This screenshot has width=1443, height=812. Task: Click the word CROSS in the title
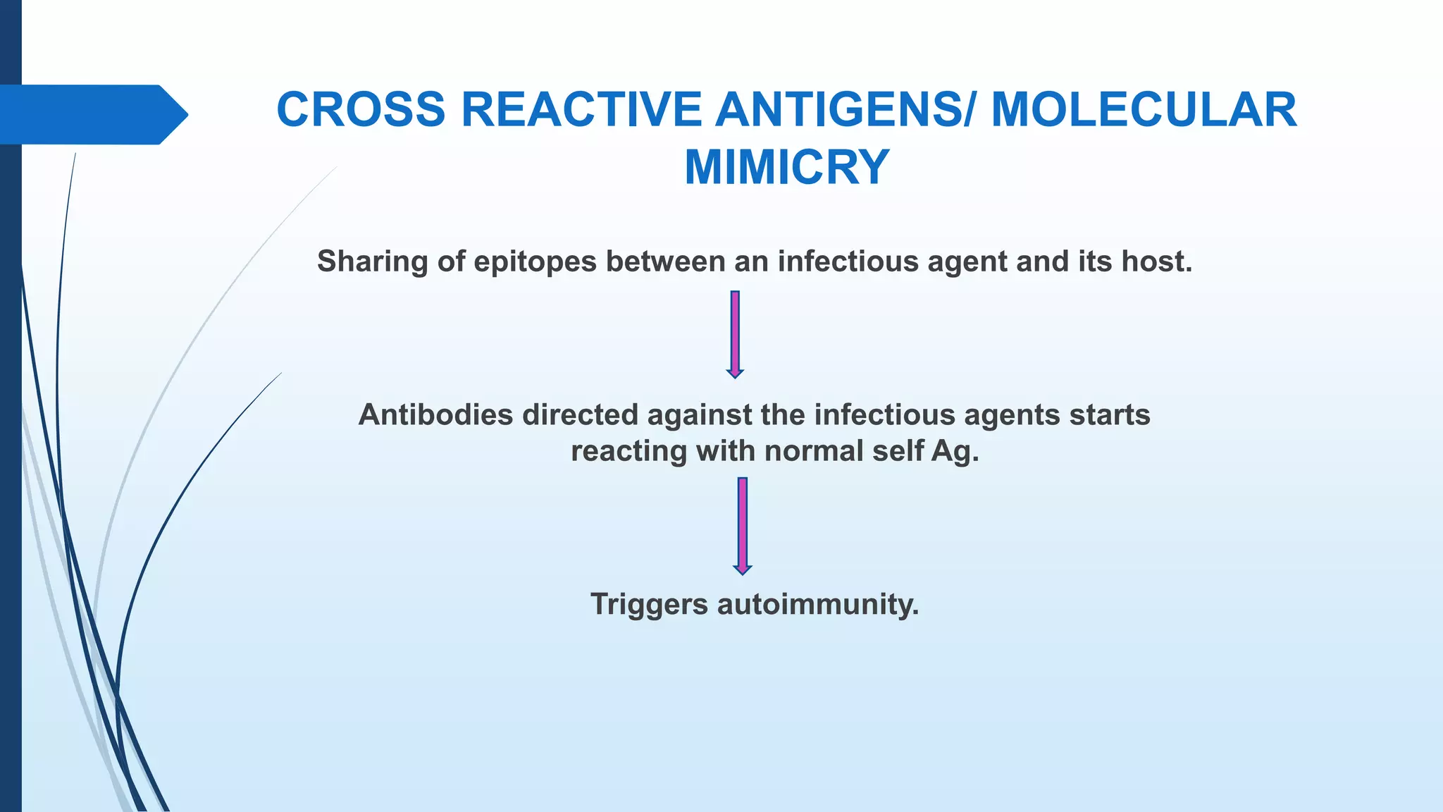tap(361, 111)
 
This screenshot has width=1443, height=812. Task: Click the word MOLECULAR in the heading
tap(1144, 111)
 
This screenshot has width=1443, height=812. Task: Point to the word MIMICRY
tap(786, 168)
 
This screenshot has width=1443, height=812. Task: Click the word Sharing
tap(372, 262)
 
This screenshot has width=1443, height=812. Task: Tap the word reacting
tap(628, 452)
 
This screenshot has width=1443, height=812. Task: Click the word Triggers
tap(648, 605)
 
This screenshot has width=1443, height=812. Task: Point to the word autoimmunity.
tap(818, 605)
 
